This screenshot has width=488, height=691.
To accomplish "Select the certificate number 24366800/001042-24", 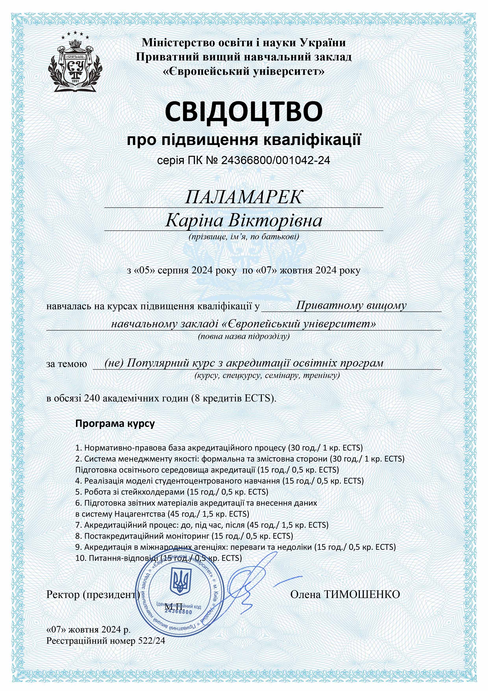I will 275,160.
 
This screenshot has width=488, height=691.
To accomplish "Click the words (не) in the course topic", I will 114,363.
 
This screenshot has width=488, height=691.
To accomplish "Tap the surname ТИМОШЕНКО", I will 362,595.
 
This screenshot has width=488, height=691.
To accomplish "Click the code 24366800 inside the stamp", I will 178,612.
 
